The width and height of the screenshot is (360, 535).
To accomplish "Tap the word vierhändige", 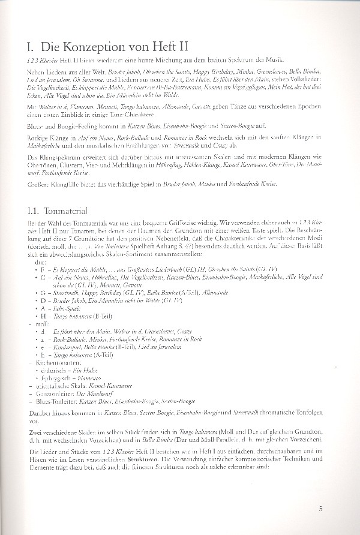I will [135, 183].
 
